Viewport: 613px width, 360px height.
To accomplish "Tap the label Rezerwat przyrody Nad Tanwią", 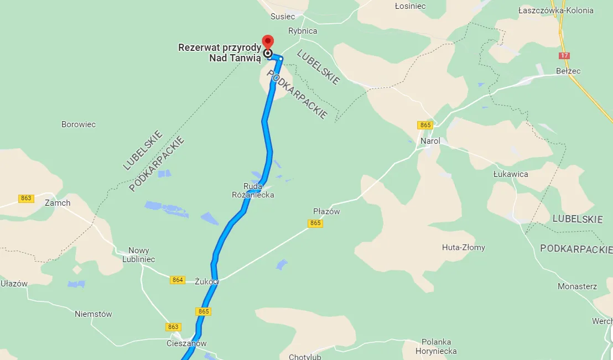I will tap(219, 53).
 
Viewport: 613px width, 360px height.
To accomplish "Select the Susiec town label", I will tap(283, 17).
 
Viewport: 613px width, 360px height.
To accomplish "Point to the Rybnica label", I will tap(303, 31).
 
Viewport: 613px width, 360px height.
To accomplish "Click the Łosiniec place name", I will tap(410, 6).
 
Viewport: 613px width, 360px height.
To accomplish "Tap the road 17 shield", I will tap(564, 56).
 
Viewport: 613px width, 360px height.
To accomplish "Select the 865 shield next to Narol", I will tap(425, 126).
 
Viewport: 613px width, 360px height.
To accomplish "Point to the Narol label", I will tap(430, 141).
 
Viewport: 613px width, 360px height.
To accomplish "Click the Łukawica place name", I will tap(511, 174).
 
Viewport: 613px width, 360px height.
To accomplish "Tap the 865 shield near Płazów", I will tap(315, 223).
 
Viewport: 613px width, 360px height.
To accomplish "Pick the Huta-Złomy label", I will tap(464, 247).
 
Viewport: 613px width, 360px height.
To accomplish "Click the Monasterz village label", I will tap(577, 286).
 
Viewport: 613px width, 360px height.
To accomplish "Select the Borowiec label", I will tap(79, 124).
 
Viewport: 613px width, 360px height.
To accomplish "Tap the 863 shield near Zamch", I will tap(26, 199).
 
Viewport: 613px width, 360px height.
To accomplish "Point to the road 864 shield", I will tap(177, 280).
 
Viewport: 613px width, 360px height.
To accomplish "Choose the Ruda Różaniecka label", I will tap(253, 191).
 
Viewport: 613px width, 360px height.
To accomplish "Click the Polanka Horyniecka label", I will tap(439, 346).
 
